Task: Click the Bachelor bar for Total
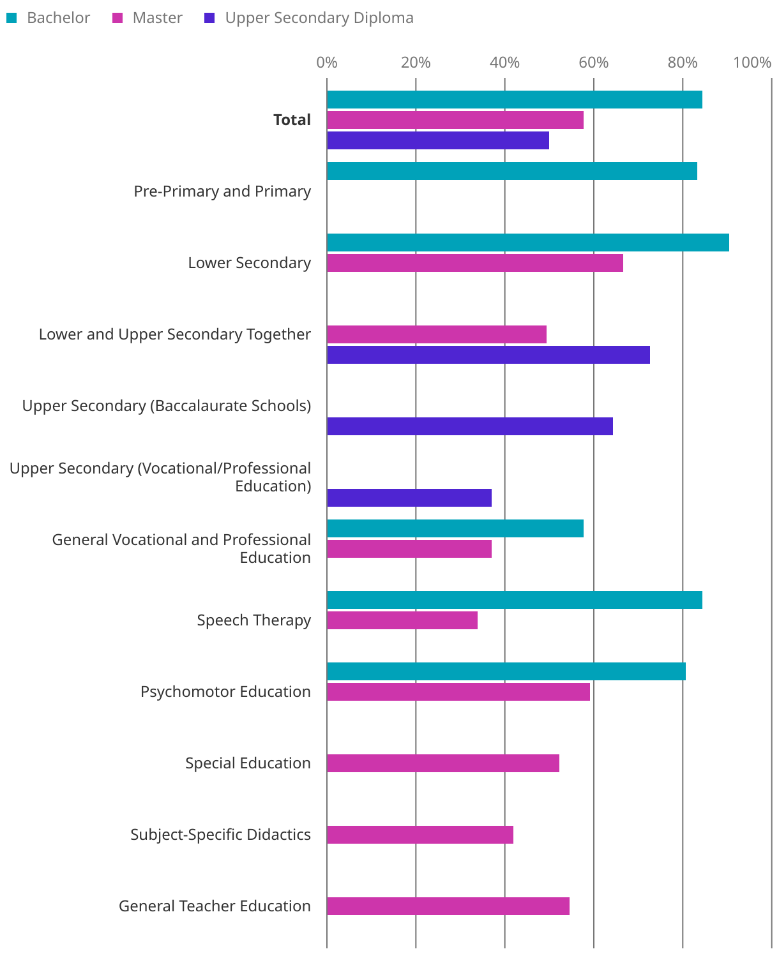(x=514, y=100)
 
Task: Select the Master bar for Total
(x=455, y=120)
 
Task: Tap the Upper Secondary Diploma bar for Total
(x=437, y=140)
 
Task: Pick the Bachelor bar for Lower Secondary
(x=527, y=243)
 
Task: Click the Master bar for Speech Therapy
(x=402, y=620)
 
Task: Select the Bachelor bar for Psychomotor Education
(x=506, y=671)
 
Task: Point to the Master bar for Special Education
(x=442, y=763)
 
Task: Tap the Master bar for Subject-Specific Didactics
(x=420, y=835)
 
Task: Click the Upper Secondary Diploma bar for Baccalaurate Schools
(x=469, y=426)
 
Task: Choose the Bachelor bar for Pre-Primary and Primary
(x=511, y=171)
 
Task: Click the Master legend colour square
(x=117, y=18)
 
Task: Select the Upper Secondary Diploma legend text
(x=319, y=18)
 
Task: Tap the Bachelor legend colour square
(x=11, y=18)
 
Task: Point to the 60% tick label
(x=593, y=63)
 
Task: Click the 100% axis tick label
(x=752, y=63)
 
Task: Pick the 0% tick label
(x=327, y=63)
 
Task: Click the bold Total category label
(x=292, y=120)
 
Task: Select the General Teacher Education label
(x=215, y=906)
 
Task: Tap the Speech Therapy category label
(x=253, y=620)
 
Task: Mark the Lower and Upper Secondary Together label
(x=174, y=334)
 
